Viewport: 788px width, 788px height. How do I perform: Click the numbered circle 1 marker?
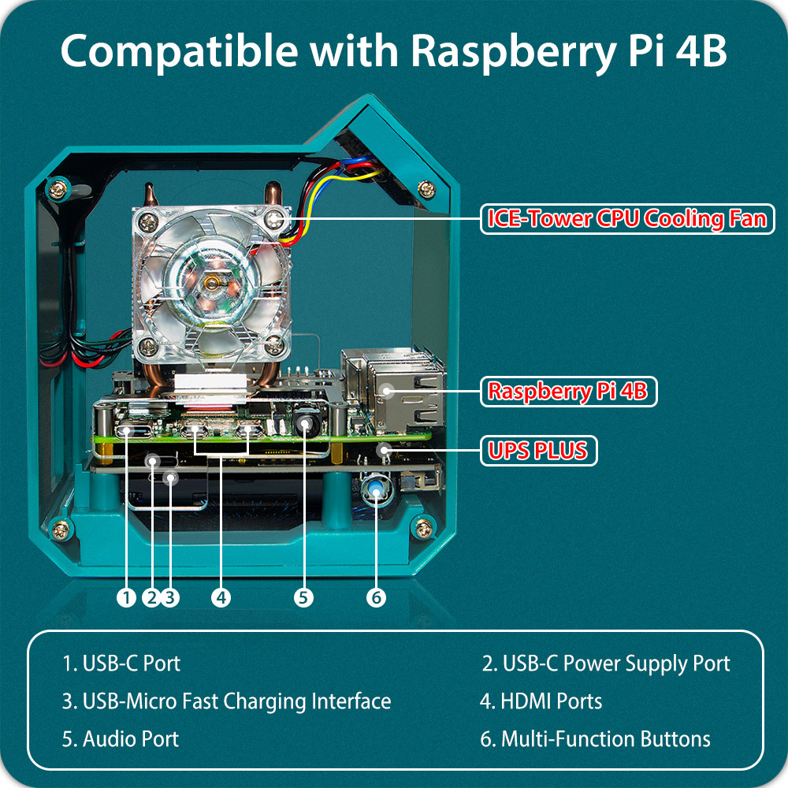point(126,597)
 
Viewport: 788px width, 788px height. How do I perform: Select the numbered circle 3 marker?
point(170,597)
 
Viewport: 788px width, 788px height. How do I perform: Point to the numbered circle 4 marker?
point(221,597)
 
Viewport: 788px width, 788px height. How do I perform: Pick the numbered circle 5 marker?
point(303,597)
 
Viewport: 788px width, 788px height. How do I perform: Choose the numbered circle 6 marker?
point(376,597)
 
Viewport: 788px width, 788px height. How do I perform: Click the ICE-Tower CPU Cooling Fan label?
point(627,218)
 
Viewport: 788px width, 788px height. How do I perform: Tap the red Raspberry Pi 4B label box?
point(568,392)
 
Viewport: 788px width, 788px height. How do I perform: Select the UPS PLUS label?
point(538,451)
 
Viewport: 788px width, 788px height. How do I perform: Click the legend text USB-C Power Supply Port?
point(606,663)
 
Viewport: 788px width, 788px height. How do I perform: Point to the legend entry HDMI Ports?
point(541,701)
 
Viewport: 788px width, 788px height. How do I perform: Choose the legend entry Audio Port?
point(121,739)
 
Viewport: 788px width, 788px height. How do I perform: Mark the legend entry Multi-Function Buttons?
point(595,739)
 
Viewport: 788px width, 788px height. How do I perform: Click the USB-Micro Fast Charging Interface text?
point(226,701)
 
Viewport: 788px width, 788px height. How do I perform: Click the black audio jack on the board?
point(305,425)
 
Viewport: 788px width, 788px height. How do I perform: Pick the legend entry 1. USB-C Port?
point(121,663)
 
